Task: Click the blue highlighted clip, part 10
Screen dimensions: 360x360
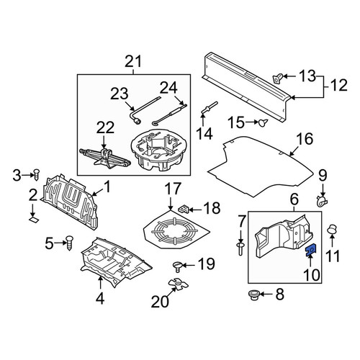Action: [x=311, y=250]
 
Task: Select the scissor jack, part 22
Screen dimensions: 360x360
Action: [x=105, y=158]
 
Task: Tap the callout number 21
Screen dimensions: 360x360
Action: [x=133, y=61]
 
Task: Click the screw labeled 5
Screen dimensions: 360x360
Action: [x=69, y=243]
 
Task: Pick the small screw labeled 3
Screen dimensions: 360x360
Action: [x=37, y=175]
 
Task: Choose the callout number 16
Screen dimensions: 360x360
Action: [x=305, y=138]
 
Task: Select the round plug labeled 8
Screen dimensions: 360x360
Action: [x=253, y=294]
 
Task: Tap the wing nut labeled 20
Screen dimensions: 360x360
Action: [x=179, y=284]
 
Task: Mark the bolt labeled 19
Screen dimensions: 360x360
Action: [x=178, y=266]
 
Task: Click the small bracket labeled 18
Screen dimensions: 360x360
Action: [x=184, y=209]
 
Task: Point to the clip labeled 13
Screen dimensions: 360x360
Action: [x=279, y=78]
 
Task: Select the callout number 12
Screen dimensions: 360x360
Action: [x=339, y=85]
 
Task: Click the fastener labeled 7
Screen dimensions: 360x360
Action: [x=240, y=249]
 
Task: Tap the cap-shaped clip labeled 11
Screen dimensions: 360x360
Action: [x=333, y=230]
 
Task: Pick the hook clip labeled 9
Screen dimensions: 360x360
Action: [x=322, y=202]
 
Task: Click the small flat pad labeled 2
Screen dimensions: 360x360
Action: [x=34, y=220]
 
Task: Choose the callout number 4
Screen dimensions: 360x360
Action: [x=100, y=298]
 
